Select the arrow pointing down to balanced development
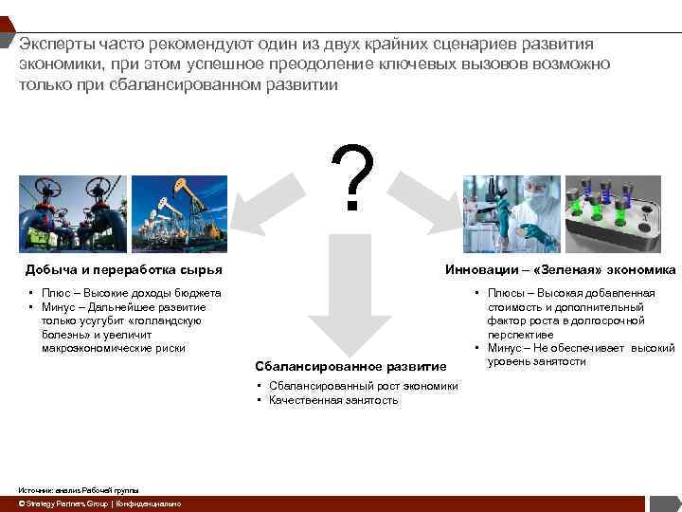[340, 294]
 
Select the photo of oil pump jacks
[179, 213]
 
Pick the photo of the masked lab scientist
[512, 213]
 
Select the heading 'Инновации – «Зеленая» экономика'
[561, 270]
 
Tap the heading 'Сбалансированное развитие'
[350, 366]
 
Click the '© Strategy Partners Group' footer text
[58, 503]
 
